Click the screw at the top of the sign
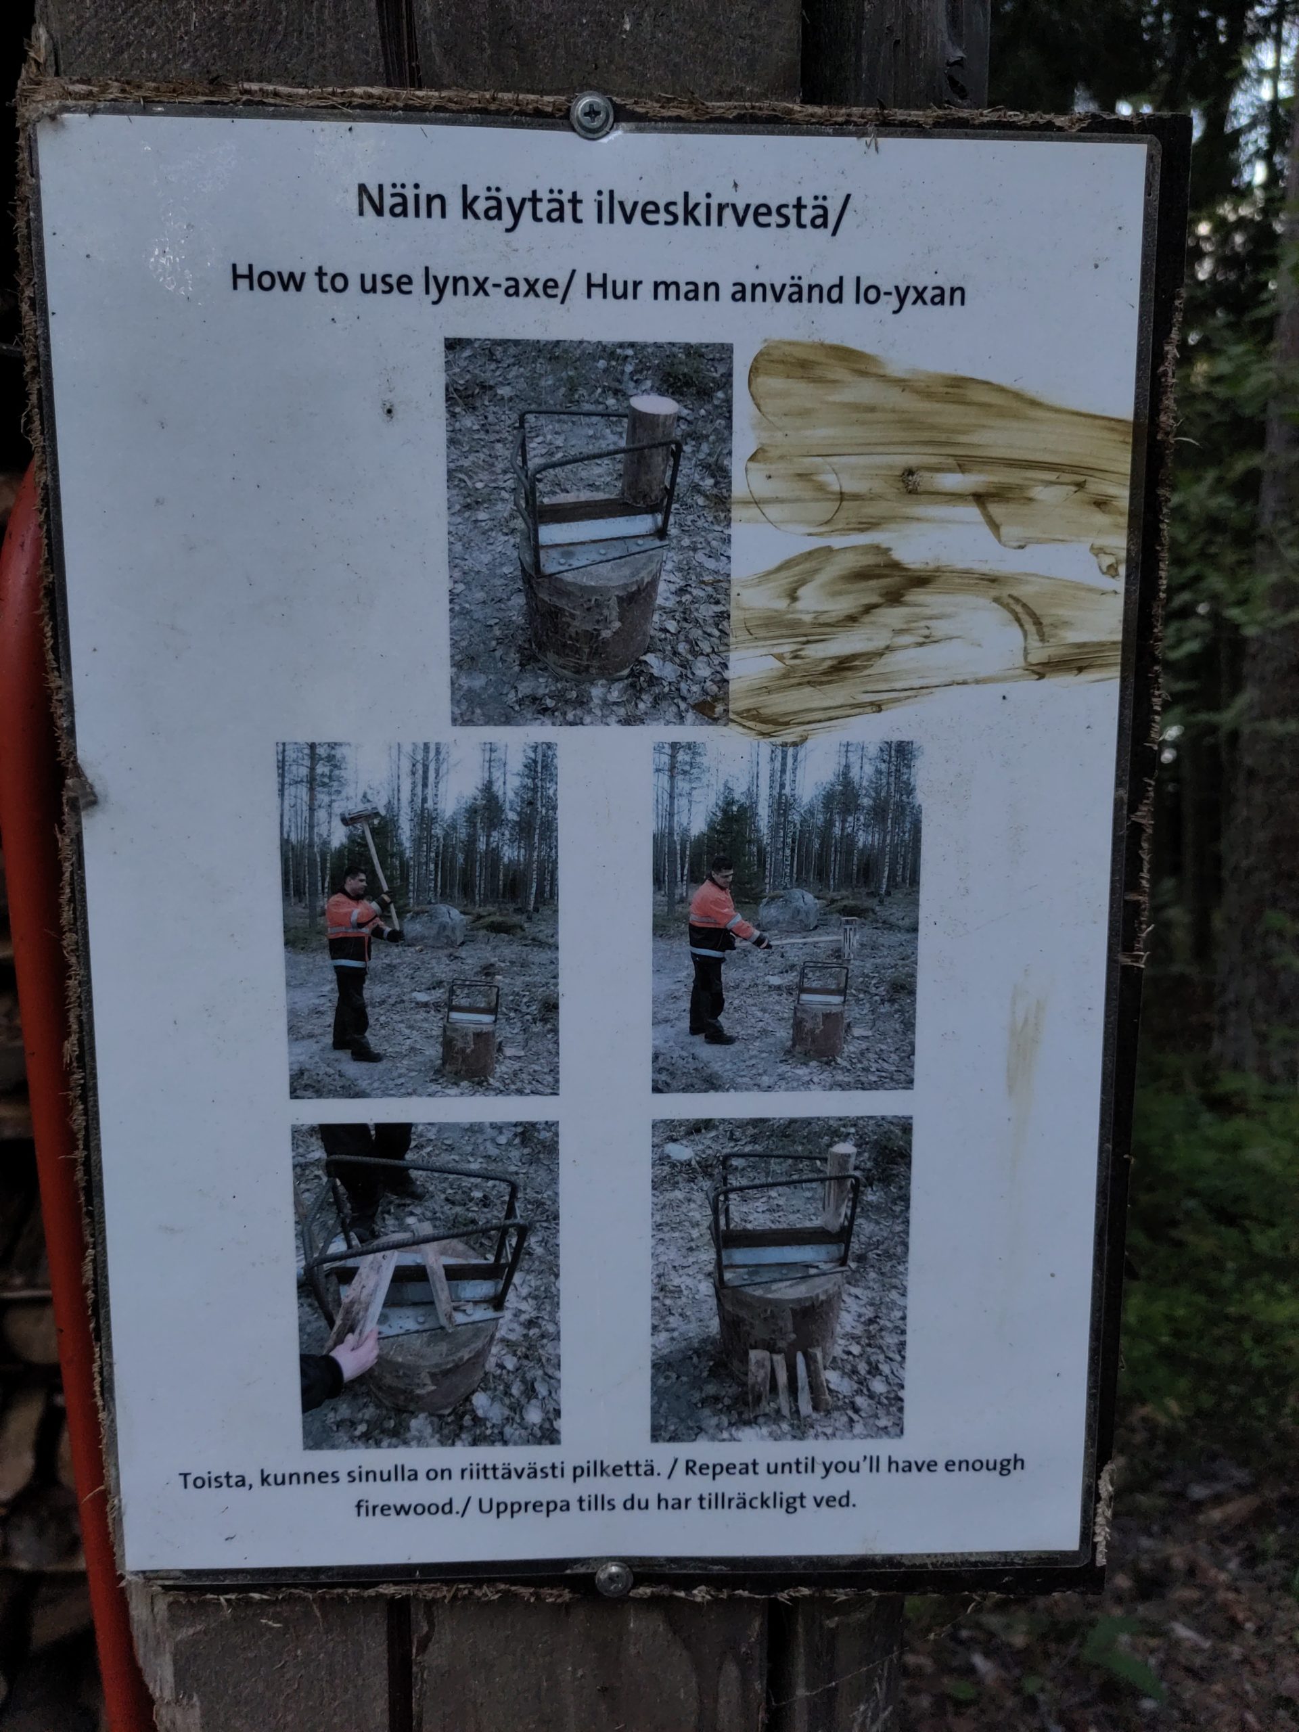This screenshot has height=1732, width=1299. click(x=592, y=116)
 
